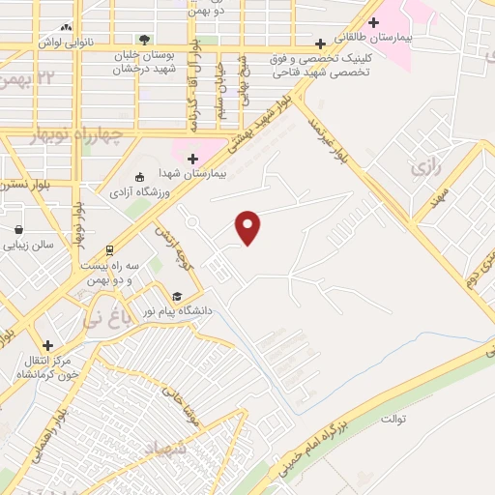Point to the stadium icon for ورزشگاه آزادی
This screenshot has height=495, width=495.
coord(139,176)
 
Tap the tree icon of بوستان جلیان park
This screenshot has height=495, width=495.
coord(144,40)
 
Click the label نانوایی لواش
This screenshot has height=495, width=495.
coord(64,44)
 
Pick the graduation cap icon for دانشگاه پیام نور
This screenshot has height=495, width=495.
coord(176,297)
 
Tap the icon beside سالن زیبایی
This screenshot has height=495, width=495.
coord(18,229)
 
